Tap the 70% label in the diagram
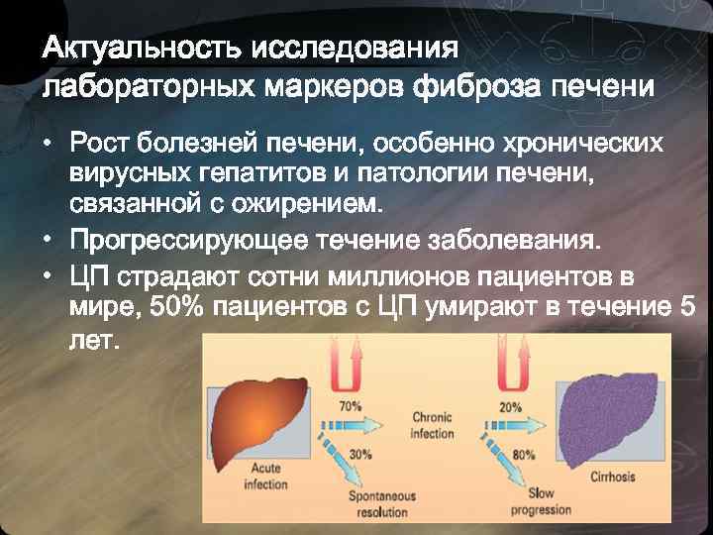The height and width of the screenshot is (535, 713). [x=350, y=406]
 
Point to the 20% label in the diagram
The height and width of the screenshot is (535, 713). [x=511, y=406]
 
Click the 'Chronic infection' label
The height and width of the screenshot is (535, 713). [x=432, y=426]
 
